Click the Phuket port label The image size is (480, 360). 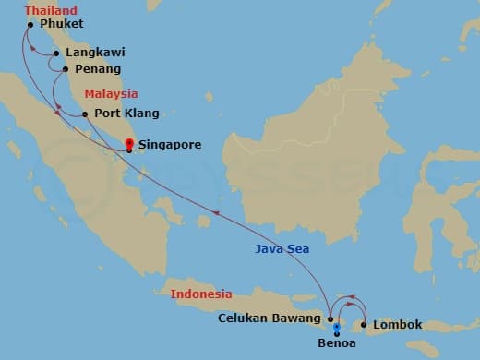click(x=62, y=23)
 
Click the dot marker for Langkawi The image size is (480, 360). click(x=57, y=53)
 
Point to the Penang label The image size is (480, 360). click(x=96, y=68)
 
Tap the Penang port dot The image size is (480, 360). click(x=64, y=68)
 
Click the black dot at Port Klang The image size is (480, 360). click(x=85, y=114)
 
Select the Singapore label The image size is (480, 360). click(x=170, y=144)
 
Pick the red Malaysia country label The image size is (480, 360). click(x=111, y=93)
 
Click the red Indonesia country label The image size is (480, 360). click(x=200, y=294)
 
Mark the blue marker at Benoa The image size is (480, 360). click(x=337, y=327)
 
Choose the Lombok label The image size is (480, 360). click(x=400, y=324)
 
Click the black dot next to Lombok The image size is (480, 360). click(x=366, y=324)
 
